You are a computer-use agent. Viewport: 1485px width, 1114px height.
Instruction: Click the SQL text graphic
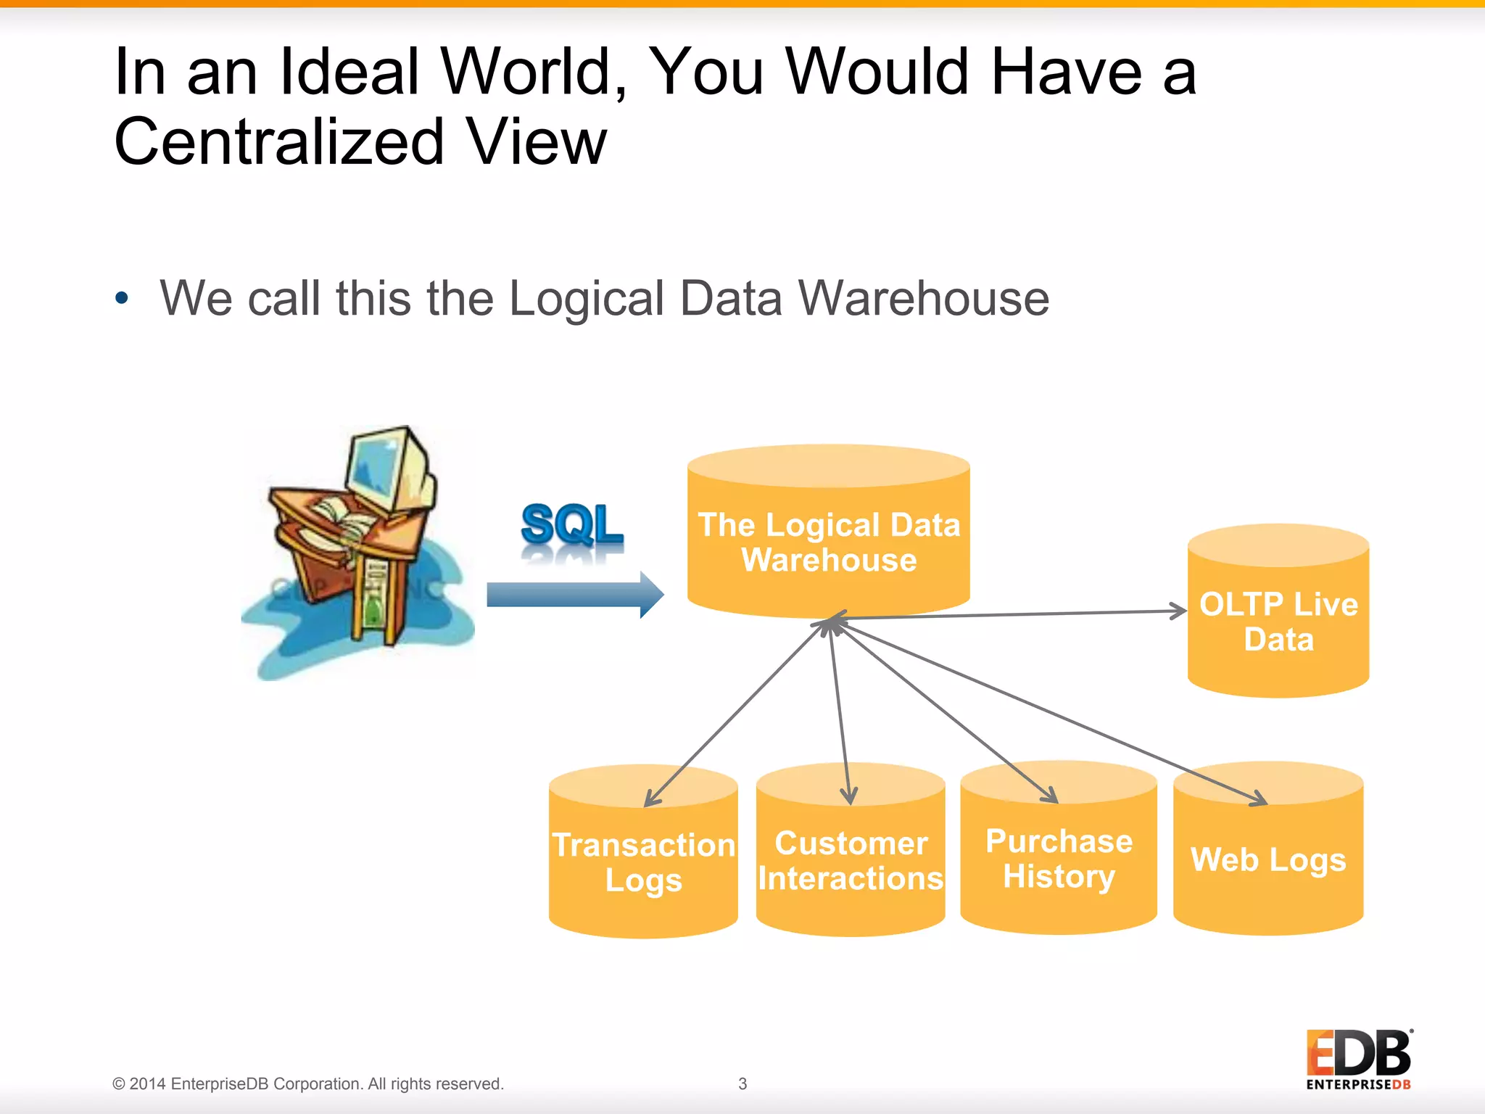pos(571,525)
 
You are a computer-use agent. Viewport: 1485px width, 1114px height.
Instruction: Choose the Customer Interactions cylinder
pos(850,860)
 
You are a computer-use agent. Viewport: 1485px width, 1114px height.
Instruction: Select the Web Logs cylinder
pos(1267,859)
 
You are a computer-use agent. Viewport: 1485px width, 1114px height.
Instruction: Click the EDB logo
pos(1358,1060)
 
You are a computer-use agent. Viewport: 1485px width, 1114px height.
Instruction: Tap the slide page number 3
pos(742,1084)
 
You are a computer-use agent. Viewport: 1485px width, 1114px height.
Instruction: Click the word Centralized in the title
pos(279,141)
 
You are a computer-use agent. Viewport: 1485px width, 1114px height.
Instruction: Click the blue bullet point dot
pos(122,297)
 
